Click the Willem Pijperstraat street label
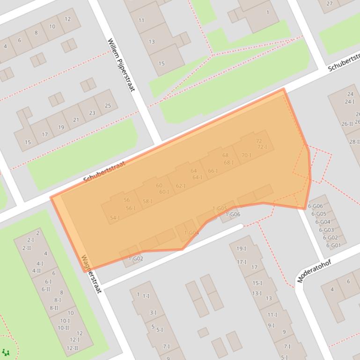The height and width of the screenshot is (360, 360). click(121, 65)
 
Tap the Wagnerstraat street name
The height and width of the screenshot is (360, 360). click(91, 274)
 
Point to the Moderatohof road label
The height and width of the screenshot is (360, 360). click(314, 271)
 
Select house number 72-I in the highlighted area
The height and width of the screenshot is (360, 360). click(262, 147)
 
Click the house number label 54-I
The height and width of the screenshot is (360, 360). click(115, 218)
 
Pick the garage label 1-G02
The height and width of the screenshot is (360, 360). click(136, 259)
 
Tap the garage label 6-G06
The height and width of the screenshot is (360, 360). click(315, 206)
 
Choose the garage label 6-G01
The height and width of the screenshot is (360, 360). click(333, 245)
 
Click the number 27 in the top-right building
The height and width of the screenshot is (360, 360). click(330, 4)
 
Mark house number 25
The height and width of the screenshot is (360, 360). click(108, 106)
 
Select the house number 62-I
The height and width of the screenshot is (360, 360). click(181, 186)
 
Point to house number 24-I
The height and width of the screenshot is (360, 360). click(349, 101)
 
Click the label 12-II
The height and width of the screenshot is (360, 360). click(72, 348)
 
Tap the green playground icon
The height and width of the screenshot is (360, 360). click(6, 352)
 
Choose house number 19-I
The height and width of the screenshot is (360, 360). click(242, 249)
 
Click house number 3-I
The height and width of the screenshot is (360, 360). click(153, 312)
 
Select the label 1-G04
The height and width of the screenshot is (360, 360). click(191, 233)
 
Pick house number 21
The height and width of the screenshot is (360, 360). click(76, 120)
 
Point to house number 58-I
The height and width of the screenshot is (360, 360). click(147, 202)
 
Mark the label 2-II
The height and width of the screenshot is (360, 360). click(27, 248)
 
